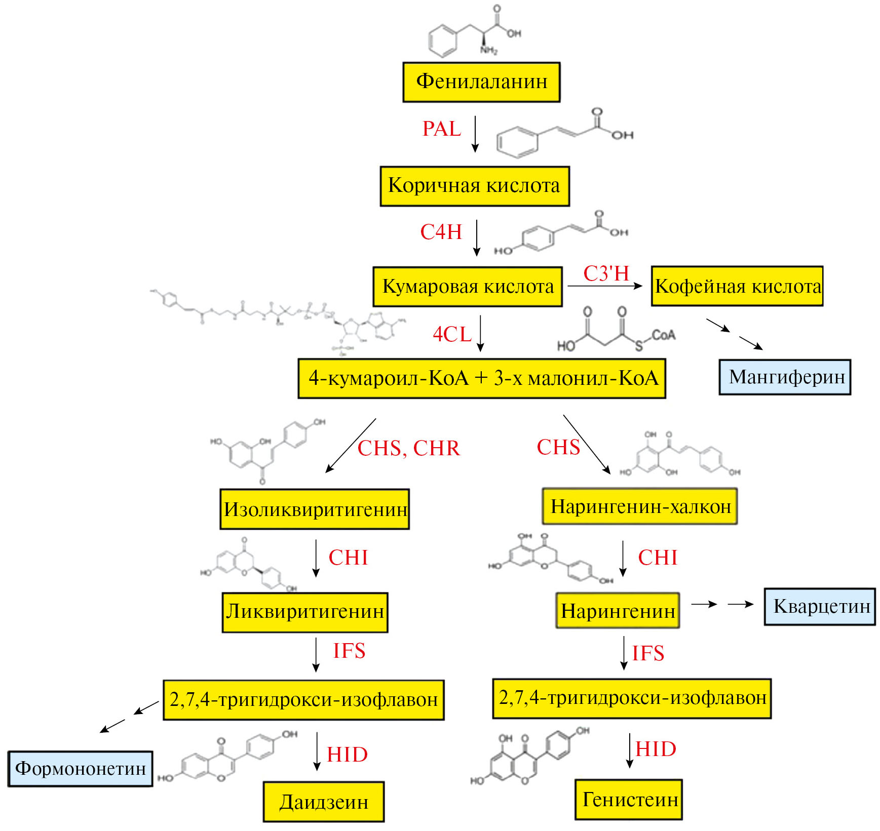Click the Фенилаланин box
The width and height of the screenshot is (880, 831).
tap(481, 82)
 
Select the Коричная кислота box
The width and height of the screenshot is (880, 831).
tap(475, 186)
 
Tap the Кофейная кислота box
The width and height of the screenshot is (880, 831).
tap(737, 286)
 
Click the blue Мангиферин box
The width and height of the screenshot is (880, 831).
tap(785, 377)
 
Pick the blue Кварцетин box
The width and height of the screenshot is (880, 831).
tap(820, 606)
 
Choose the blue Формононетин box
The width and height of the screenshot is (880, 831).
tap(80, 768)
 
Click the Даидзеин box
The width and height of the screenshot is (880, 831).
tap(323, 802)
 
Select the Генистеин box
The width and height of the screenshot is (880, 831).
tap(629, 800)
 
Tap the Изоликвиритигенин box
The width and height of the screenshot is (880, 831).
tap(315, 509)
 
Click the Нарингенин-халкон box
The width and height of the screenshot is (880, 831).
tap(639, 506)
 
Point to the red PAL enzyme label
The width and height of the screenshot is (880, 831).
tap(442, 129)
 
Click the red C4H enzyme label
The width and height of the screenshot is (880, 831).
tap(441, 232)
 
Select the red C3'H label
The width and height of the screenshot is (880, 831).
tap(606, 273)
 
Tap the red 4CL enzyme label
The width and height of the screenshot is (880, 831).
tap(452, 334)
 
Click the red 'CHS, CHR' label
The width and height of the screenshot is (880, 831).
tap(409, 448)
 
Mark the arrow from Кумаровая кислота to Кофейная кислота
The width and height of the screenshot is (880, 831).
tap(605, 286)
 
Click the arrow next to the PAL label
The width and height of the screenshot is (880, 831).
tap(475, 134)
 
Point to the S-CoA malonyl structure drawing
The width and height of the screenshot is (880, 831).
tap(616, 330)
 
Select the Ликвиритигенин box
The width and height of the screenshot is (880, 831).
tap(305, 612)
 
